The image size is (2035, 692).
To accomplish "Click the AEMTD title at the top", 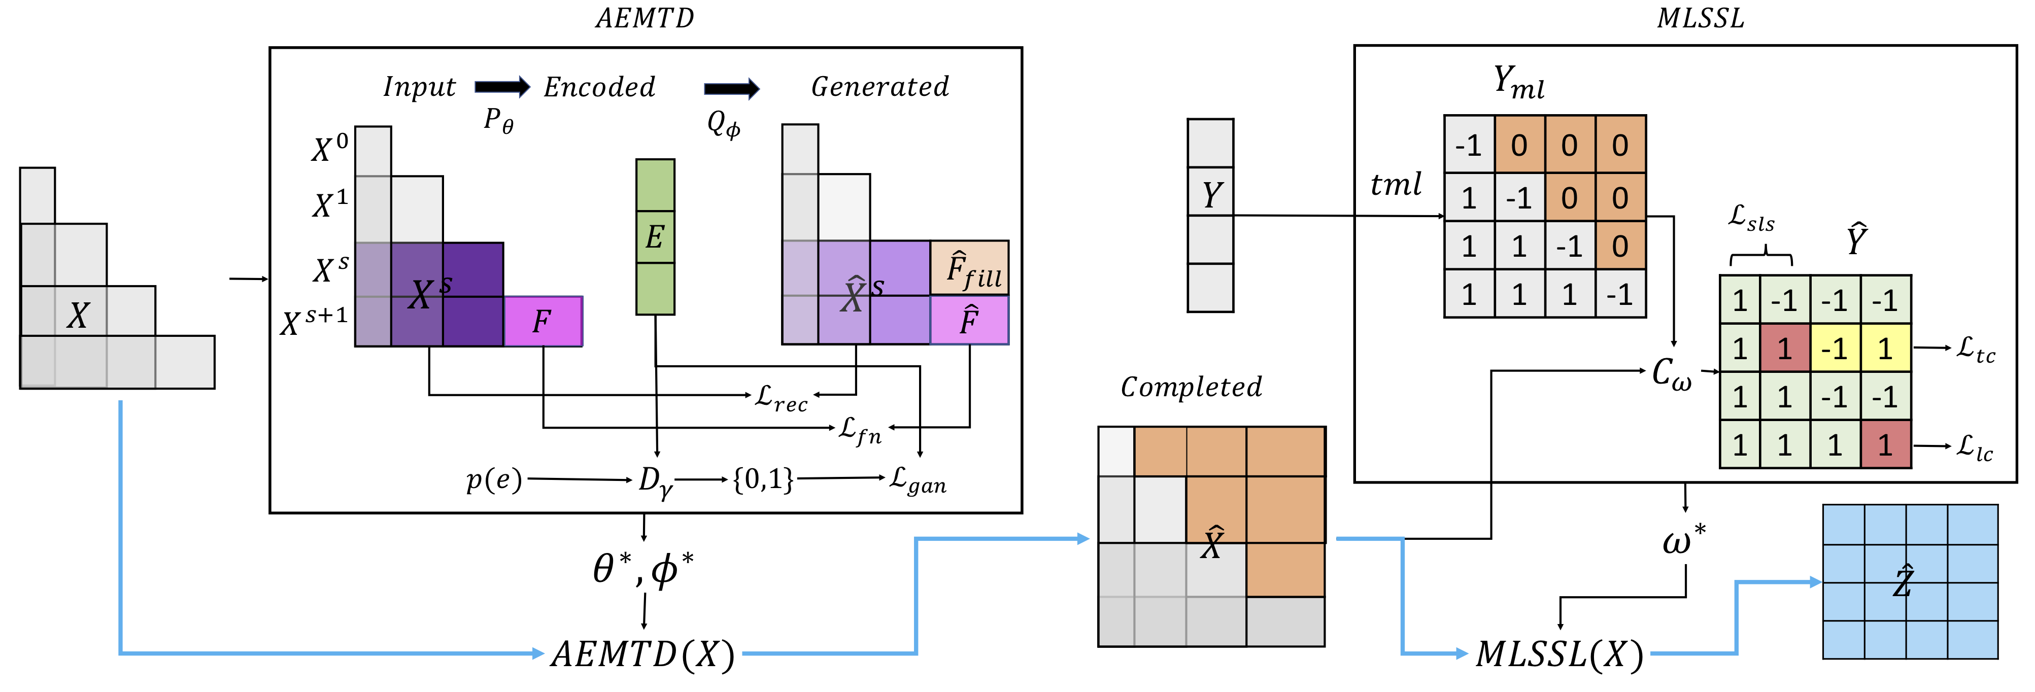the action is (645, 18).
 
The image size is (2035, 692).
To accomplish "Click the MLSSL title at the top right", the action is (1701, 18).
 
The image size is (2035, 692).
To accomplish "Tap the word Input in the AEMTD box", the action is (420, 87).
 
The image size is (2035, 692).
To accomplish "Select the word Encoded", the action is (600, 87).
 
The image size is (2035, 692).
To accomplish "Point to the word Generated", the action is (880, 86).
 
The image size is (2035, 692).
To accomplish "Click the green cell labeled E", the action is (655, 237).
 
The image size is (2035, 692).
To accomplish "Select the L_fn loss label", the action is (860, 431).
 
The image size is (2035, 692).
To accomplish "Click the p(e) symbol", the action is (494, 479).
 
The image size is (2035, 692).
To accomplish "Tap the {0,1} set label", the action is (763, 479).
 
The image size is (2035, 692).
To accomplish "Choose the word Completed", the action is (1191, 386).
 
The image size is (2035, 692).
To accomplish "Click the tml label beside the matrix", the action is (1396, 184).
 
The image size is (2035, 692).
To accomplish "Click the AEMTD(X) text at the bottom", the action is (643, 654).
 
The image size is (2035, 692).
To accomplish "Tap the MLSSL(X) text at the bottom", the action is (1559, 654).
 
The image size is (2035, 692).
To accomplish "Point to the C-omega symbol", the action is (1672, 373).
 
